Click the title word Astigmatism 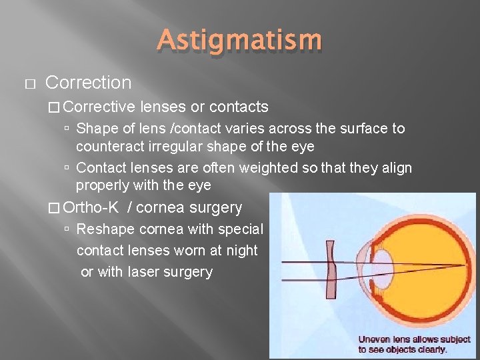239,41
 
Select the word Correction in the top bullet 88,83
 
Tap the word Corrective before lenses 99,107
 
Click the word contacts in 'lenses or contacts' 238,107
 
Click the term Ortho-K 91,207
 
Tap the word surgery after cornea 216,207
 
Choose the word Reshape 102,229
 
